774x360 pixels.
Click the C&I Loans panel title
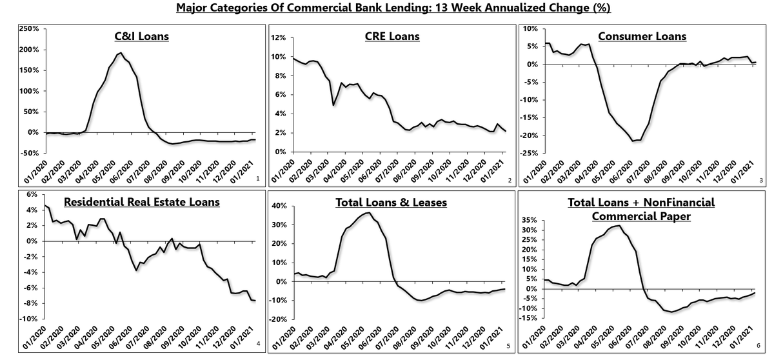point(137,36)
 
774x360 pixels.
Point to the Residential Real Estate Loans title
point(141,202)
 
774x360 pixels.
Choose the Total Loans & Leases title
point(391,203)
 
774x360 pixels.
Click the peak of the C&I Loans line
point(121,53)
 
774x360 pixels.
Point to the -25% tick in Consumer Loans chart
point(530,152)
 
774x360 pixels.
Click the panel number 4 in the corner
point(257,344)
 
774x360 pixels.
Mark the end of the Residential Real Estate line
point(255,301)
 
